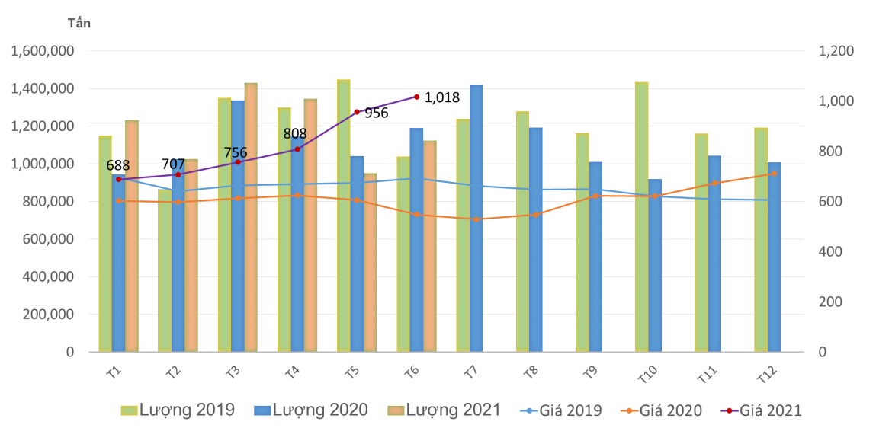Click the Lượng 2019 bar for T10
click(641, 217)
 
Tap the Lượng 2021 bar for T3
click(251, 217)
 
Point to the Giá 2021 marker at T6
click(416, 97)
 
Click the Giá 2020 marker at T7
click(476, 219)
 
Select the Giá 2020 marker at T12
click(774, 174)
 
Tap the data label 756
click(235, 153)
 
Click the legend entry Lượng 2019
click(178, 410)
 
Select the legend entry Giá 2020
click(664, 410)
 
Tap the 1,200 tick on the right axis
click(836, 51)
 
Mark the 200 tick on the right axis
click(831, 302)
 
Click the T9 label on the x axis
click(588, 372)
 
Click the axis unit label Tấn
click(79, 23)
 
